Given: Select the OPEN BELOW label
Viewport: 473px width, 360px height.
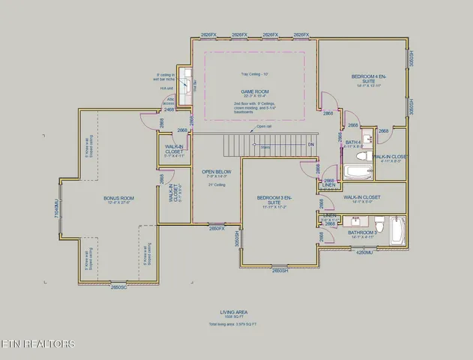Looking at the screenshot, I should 217,172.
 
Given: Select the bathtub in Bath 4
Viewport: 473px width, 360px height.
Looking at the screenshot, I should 356,172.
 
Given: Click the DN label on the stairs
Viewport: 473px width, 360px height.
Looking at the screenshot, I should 310,144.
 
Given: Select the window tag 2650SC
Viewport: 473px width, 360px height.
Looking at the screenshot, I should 119,287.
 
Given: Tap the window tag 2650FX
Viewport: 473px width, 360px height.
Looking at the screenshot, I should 217,228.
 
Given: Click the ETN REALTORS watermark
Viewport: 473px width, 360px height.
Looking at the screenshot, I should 37,344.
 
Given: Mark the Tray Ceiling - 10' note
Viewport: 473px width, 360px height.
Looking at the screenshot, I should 255,73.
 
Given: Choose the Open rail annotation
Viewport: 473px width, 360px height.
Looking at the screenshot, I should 264,126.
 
